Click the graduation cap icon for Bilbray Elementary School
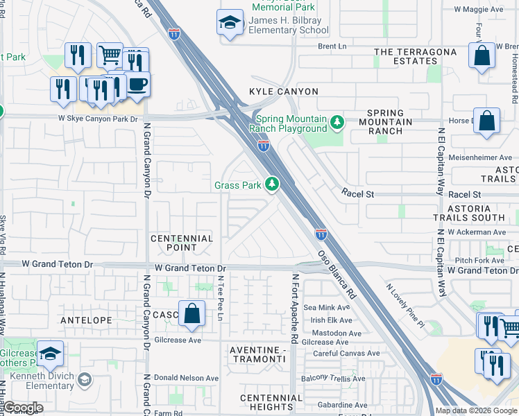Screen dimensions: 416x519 pos(230,23)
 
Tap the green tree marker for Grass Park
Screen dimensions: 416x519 pos(273,184)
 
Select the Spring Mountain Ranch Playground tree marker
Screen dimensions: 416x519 pos(337,123)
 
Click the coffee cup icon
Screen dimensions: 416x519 pos(137,85)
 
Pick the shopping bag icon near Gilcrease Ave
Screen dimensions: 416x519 pos(192,313)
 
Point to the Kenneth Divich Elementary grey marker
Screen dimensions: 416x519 pos(85,379)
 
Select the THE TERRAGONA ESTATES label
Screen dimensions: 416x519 pos(416,56)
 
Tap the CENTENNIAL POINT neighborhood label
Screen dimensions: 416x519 pos(182,243)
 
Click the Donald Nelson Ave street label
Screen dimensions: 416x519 pos(185,379)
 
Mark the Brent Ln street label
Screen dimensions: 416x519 pos(332,46)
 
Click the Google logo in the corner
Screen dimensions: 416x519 pos(22,408)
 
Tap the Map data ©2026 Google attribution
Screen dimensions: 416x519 pos(476,410)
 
